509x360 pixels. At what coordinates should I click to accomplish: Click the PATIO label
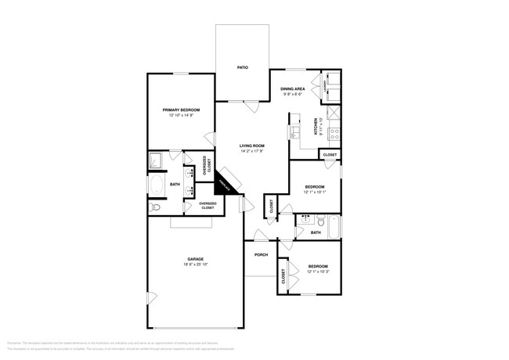click(x=243, y=68)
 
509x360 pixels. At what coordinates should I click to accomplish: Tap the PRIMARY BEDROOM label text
click(x=180, y=110)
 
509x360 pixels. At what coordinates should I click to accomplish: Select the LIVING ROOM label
click(x=251, y=146)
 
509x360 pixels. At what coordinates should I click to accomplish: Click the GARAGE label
click(x=195, y=259)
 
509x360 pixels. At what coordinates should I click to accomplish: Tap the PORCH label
click(x=261, y=254)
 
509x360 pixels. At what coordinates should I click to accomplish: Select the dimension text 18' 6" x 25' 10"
click(x=195, y=265)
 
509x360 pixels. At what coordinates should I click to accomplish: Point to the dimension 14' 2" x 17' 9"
click(x=251, y=151)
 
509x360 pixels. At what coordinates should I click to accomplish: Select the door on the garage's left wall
click(x=150, y=297)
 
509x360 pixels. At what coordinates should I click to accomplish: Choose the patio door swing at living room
click(x=250, y=106)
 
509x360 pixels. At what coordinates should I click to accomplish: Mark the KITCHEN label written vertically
click(x=316, y=125)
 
